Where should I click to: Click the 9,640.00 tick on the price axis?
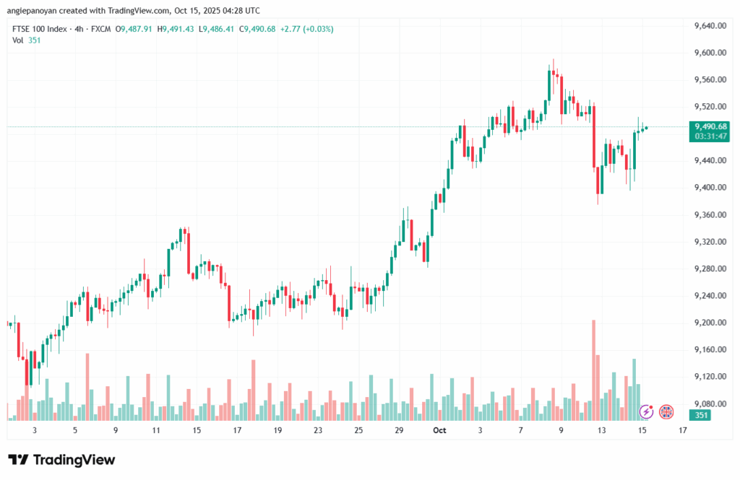click(x=709, y=26)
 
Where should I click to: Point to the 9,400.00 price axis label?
click(x=709, y=188)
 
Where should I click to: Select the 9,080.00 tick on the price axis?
click(x=709, y=403)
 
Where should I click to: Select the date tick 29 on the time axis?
click(x=399, y=430)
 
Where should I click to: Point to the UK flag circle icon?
click(x=666, y=412)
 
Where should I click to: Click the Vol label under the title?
click(x=18, y=40)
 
